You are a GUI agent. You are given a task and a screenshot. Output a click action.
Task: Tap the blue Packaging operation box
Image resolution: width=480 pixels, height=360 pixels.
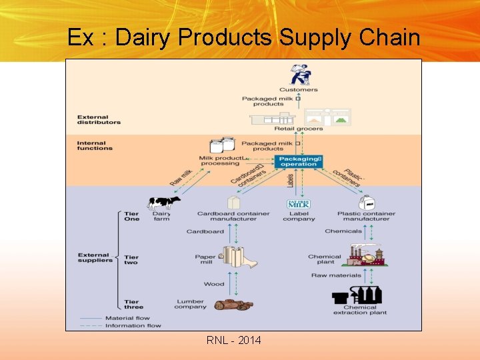point(298,161)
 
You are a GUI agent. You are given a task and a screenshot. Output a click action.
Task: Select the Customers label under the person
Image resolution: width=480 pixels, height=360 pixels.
point(298,89)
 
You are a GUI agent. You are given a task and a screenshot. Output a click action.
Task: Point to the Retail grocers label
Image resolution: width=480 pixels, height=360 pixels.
point(298,129)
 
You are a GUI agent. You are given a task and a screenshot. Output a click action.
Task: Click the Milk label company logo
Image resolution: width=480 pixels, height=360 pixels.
point(299,204)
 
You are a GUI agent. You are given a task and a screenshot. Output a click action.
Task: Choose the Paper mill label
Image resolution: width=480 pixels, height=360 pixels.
point(205,259)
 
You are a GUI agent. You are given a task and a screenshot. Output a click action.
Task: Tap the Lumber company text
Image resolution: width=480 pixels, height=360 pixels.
point(190,304)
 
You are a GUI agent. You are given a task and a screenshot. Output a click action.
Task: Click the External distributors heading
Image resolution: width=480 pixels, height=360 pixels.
point(99,119)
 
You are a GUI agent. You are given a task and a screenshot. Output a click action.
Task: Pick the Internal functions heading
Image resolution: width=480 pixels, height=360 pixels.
point(95,145)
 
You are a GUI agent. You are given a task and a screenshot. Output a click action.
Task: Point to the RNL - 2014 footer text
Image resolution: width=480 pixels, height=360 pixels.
point(234,341)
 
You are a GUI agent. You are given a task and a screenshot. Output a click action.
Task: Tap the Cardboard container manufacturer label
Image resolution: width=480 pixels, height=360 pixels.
point(233,216)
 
